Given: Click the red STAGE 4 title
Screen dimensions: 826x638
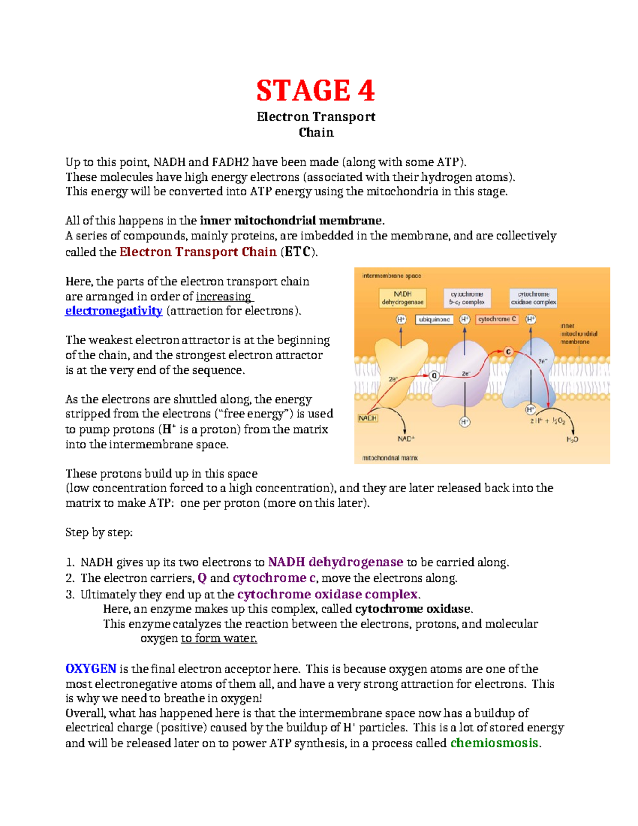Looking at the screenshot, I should [315, 90].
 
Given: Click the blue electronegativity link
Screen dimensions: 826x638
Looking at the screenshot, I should [113, 311].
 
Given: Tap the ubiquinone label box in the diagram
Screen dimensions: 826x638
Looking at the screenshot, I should [434, 320].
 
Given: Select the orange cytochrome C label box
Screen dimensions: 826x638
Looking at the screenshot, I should [497, 319].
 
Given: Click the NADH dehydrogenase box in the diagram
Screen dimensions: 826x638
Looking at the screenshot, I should [402, 298].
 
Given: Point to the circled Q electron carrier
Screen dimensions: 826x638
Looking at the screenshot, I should [434, 376].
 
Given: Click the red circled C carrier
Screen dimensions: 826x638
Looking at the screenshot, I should [508, 352].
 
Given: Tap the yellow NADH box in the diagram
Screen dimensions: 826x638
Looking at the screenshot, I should [367, 418].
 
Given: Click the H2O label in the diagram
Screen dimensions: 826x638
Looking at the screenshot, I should [572, 439].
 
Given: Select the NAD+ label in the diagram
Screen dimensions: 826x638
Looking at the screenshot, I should [406, 439].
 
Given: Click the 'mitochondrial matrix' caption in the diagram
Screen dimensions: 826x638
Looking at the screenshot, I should [390, 457].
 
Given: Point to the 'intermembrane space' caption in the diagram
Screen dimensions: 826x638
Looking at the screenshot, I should [391, 276].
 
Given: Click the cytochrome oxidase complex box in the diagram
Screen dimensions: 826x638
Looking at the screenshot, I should [533, 298].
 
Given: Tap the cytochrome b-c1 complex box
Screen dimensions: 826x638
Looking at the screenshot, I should [467, 298].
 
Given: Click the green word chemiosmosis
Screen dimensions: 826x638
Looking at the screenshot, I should [494, 743].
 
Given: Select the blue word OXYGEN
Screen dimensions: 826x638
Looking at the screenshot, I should [90, 669].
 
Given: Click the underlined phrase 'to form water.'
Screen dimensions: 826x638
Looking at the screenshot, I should [219, 638].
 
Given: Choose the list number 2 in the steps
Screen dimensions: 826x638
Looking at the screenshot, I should [70, 578].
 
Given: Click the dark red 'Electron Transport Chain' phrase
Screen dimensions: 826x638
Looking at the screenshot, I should [198, 252].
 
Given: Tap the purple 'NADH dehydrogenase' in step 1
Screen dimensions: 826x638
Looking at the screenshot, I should [335, 562].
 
